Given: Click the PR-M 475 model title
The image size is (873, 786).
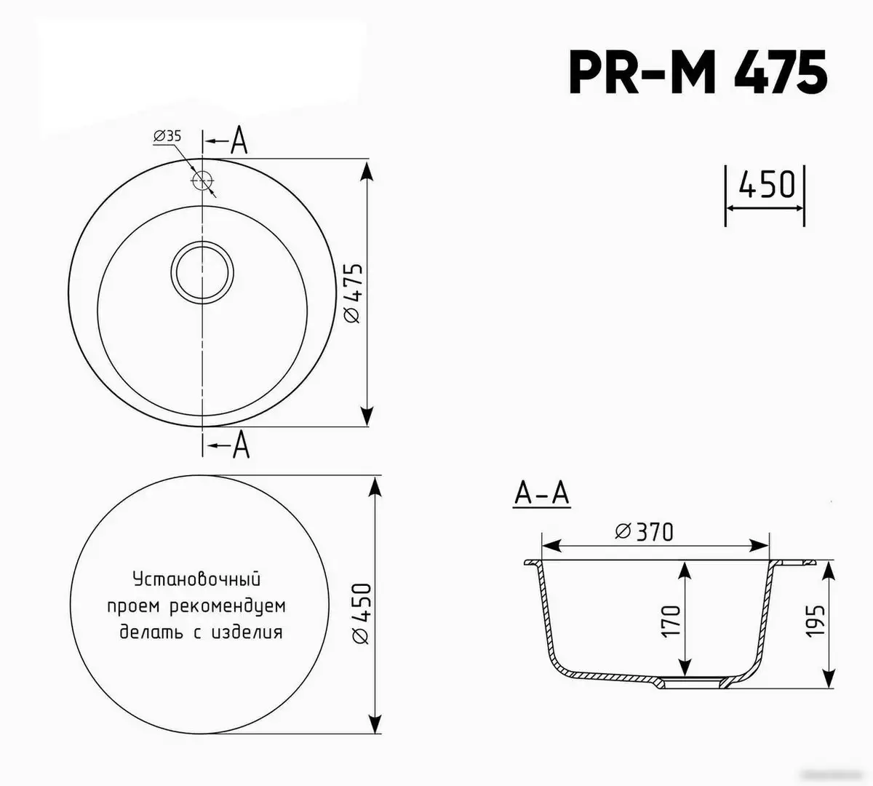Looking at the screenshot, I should pyautogui.click(x=698, y=73).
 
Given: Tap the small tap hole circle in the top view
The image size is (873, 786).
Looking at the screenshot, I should pyautogui.click(x=202, y=180).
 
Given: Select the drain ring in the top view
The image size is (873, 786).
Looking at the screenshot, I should pyautogui.click(x=202, y=272).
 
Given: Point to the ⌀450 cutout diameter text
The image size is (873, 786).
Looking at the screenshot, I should pyautogui.click(x=362, y=613).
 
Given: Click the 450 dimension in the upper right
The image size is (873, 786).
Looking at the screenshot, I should pyautogui.click(x=766, y=186).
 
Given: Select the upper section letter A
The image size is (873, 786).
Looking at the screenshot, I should pyautogui.click(x=239, y=141).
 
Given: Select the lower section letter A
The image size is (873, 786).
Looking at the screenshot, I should pyautogui.click(x=240, y=445).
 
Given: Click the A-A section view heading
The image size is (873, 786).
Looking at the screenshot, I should pyautogui.click(x=541, y=494).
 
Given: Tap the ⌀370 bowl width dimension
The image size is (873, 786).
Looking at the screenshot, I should pyautogui.click(x=644, y=532).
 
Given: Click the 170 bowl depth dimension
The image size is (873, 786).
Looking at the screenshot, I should pyautogui.click(x=671, y=620).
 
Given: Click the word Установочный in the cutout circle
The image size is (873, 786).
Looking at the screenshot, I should pyautogui.click(x=196, y=580).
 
